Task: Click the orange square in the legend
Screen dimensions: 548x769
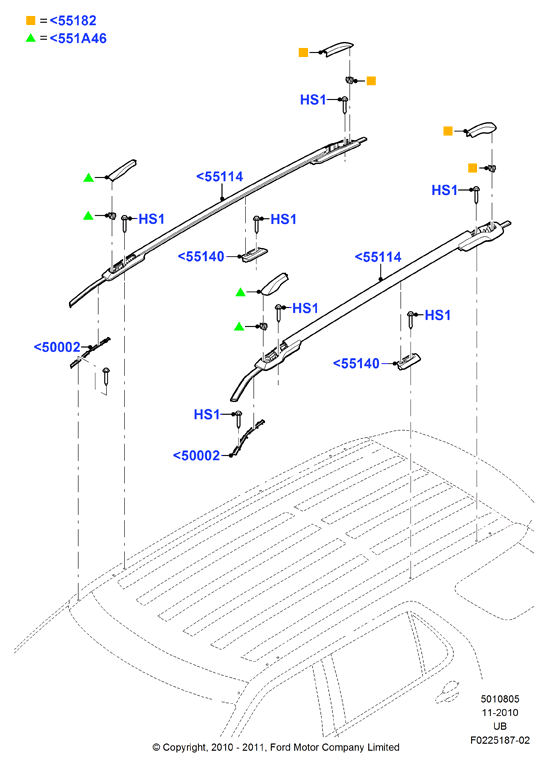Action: (x=30, y=21)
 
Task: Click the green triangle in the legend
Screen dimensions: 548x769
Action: (x=30, y=37)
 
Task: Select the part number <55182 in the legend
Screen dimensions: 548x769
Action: (x=73, y=21)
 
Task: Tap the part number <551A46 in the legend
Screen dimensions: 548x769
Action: (x=78, y=38)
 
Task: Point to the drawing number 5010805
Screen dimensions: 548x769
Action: (x=499, y=699)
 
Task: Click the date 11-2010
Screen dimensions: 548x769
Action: (x=499, y=713)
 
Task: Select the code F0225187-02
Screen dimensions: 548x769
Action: (x=499, y=740)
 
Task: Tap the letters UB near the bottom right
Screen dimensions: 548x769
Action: (x=499, y=726)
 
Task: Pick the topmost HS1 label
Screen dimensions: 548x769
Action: (x=313, y=100)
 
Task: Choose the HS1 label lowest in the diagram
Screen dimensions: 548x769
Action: (x=207, y=414)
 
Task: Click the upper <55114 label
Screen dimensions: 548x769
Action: (x=219, y=177)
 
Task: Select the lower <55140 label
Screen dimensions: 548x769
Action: (x=356, y=363)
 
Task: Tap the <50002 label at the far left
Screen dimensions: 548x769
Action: (x=57, y=347)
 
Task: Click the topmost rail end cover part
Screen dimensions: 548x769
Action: (x=337, y=48)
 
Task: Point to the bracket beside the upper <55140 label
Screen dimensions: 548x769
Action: (x=255, y=255)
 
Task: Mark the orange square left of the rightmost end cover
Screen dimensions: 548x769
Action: (x=447, y=130)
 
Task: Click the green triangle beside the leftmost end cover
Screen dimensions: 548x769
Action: (x=88, y=178)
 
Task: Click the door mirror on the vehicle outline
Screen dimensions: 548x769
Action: (x=446, y=691)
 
